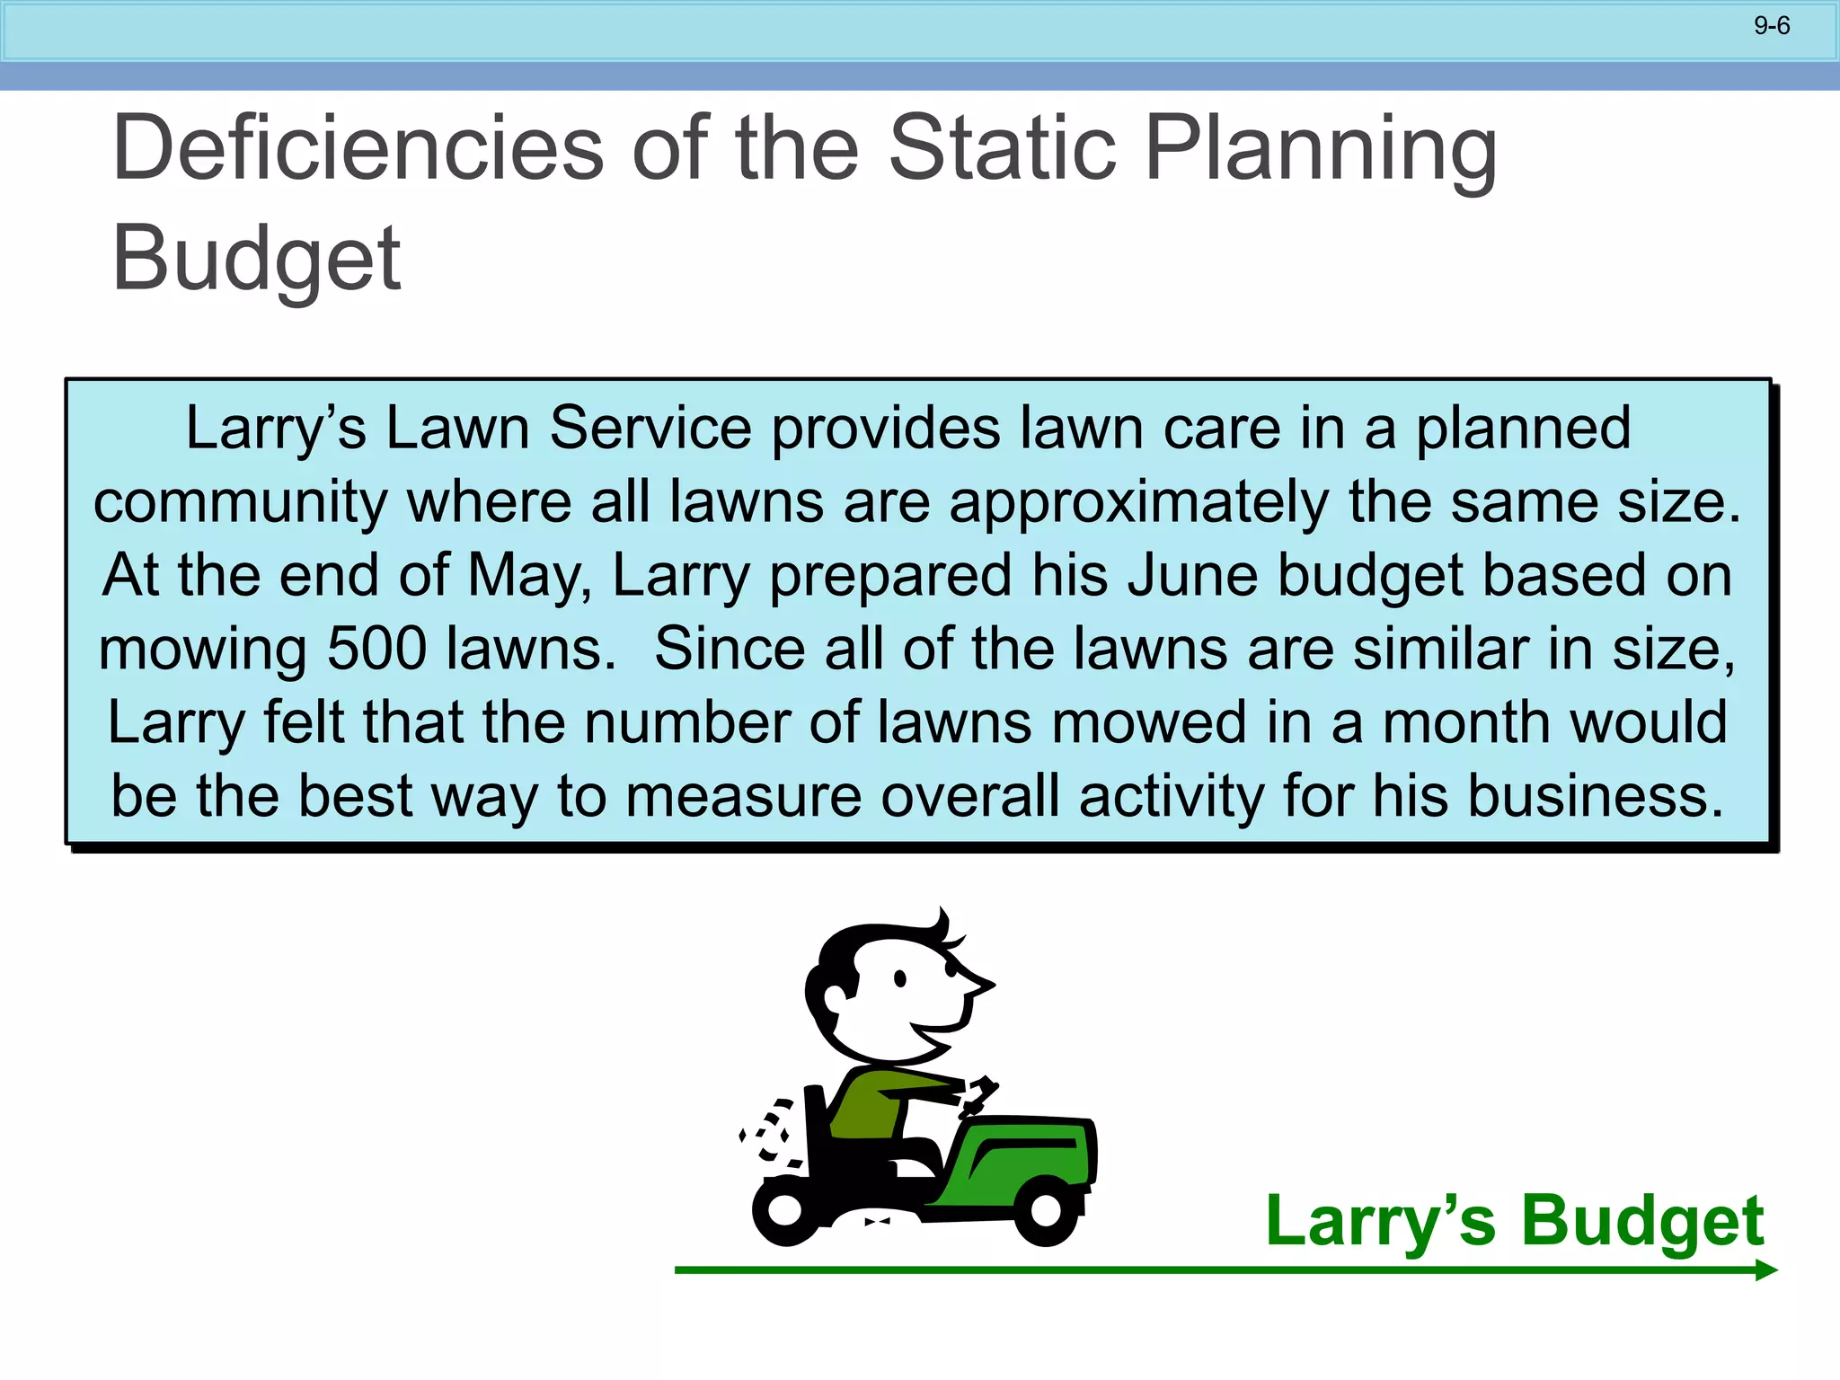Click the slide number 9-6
tap(1771, 26)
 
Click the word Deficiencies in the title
tap(358, 148)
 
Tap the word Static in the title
tap(1003, 148)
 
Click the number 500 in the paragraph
tap(376, 649)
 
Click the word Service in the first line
tap(650, 428)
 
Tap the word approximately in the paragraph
tap(1138, 501)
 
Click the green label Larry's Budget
tap(1514, 1221)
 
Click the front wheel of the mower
tap(1046, 1210)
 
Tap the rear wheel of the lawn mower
tap(784, 1210)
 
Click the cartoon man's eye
tap(899, 979)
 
